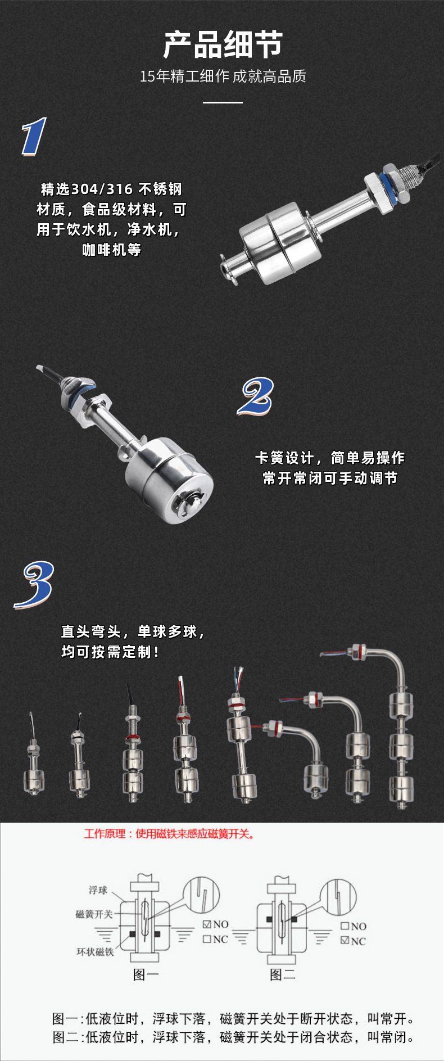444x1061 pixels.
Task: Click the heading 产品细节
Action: coord(223,45)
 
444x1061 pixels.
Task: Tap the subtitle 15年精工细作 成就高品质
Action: coord(223,76)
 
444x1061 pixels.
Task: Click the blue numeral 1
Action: coord(34,137)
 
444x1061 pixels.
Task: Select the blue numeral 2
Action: coord(256,396)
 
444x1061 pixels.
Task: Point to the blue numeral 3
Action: coord(35,585)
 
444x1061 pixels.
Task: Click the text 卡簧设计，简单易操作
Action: coord(330,458)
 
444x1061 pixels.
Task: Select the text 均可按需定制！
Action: coord(110,652)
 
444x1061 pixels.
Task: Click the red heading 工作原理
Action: coord(105,834)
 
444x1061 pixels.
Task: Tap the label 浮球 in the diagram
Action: coord(98,890)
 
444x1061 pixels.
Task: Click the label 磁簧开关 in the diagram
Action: coord(94,914)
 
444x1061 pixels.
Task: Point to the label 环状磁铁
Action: coord(95,951)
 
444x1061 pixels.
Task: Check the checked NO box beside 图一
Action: coord(207,924)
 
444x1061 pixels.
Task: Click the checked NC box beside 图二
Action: coord(345,940)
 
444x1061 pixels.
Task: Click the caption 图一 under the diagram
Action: coord(146,974)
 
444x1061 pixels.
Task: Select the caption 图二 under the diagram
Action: coord(282,974)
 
